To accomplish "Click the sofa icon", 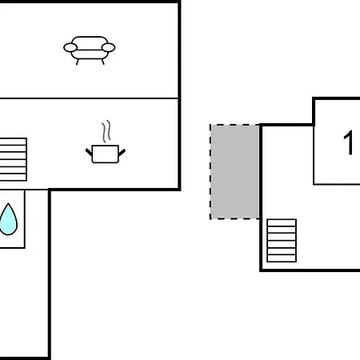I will tap(89, 49).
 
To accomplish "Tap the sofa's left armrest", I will tap(70, 49).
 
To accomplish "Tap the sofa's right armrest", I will tap(109, 49).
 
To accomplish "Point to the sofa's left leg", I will tap(78, 61).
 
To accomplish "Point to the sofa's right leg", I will tap(101, 61).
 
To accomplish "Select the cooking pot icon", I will tap(105, 152).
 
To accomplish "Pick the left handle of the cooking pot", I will tap(89, 150).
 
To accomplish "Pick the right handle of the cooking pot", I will tap(122, 150).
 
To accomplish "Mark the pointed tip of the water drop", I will tap(8, 204).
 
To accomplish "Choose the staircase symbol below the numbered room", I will tap(282, 240).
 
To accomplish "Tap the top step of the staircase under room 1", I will tap(282, 222).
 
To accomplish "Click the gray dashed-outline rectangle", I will tap(234, 171).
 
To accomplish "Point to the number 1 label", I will tap(349, 144).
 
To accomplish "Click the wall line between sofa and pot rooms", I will tap(88, 98).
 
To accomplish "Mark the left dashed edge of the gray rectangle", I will tap(210, 171).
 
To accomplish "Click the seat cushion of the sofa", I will tap(89, 53).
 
